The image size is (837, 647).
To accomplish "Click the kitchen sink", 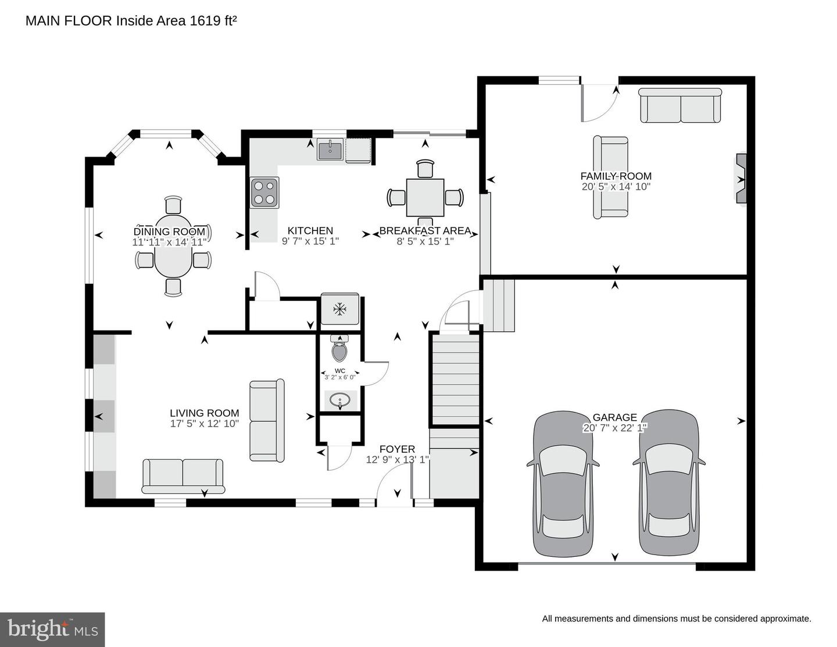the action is click(330, 149).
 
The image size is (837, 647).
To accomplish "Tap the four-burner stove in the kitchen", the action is click(264, 193).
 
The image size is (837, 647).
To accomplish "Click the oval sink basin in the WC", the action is click(339, 401).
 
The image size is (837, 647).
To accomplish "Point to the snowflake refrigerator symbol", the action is click(339, 309).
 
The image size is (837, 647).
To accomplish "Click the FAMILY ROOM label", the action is click(616, 176).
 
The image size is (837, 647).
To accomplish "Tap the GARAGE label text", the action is click(615, 417).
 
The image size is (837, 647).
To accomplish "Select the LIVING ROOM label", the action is click(205, 413).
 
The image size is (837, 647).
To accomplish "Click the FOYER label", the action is click(397, 449).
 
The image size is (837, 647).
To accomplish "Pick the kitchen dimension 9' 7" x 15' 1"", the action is click(310, 241).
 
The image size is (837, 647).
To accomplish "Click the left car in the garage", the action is click(563, 484).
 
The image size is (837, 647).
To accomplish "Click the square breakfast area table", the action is click(425, 197).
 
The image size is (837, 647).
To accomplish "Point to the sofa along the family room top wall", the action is click(680, 105).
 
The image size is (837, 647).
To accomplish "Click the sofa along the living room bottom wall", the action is click(183, 476).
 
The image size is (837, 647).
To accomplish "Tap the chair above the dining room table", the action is click(173, 204).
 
